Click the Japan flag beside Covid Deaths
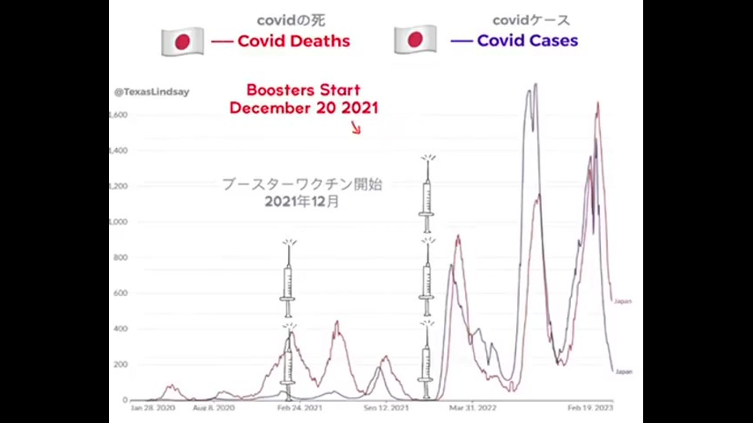[x=182, y=42]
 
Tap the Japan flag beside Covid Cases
[x=415, y=40]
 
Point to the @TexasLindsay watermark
[x=151, y=92]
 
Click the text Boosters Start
[x=304, y=90]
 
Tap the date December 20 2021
[x=304, y=108]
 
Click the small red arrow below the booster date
[x=357, y=128]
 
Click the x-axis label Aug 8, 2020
[x=214, y=408]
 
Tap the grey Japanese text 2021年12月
[x=302, y=202]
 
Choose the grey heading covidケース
[x=531, y=20]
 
